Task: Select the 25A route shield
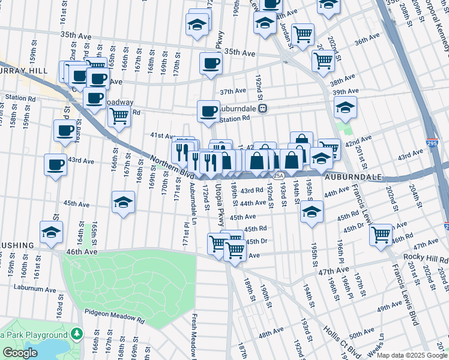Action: coord(278,176)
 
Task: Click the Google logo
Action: coord(20,353)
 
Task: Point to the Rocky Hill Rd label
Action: coord(426,257)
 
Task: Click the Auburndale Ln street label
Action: coord(193,201)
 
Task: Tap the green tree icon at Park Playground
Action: coord(76,334)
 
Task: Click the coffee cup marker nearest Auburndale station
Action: coord(209,111)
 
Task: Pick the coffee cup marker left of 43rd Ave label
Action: coord(56,164)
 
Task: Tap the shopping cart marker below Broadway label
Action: coord(119,115)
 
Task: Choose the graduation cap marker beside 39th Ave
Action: coord(345,107)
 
